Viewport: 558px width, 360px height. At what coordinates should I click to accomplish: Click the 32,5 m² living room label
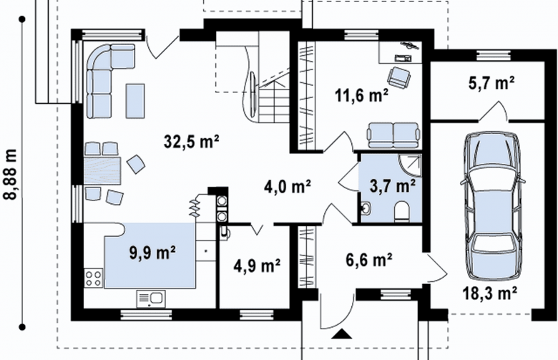tap(192, 142)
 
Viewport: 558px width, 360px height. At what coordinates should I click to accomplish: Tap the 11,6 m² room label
tap(361, 95)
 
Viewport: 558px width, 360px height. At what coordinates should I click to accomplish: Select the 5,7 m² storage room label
tap(491, 83)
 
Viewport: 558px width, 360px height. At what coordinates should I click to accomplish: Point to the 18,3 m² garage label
tap(489, 293)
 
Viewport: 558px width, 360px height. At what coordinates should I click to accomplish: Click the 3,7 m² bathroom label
tap(393, 186)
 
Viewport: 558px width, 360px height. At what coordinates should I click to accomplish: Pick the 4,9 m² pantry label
tap(257, 266)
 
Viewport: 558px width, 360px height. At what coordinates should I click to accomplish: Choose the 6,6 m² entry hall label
tap(369, 260)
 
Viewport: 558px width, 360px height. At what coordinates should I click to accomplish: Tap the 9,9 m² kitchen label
tap(152, 253)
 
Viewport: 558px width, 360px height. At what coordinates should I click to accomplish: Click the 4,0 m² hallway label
tap(288, 186)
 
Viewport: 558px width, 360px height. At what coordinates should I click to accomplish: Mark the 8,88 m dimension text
tap(10, 173)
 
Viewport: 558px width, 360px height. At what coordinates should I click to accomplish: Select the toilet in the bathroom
tap(403, 211)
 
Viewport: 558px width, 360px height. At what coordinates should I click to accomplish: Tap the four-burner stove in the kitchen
tap(93, 278)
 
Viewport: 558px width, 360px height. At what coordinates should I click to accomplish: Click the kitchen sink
tap(151, 298)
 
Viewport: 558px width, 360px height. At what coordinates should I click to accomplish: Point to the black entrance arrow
tap(342, 334)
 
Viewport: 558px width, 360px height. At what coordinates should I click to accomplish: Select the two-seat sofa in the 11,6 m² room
tap(393, 135)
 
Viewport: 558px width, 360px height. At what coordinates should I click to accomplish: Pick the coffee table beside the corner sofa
tap(135, 101)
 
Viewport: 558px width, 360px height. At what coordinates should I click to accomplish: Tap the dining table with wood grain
tap(102, 170)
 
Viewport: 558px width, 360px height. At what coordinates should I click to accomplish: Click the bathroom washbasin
tap(366, 208)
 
